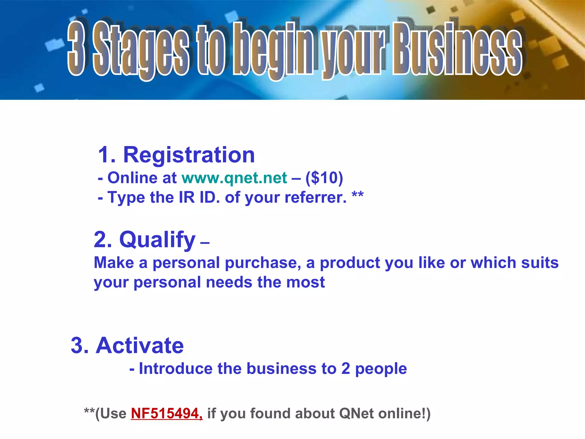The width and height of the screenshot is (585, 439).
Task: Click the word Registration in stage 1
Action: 189,155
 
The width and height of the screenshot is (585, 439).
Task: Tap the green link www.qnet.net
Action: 234,178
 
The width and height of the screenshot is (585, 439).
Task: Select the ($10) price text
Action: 324,178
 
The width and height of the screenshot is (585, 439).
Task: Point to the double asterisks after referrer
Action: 358,195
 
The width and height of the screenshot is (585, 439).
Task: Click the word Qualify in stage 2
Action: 157,240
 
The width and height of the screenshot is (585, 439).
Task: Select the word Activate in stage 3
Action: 140,346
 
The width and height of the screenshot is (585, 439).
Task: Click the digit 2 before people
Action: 345,368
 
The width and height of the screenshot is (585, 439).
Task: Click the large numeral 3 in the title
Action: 76,49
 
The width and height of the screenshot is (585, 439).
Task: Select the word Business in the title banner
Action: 457,49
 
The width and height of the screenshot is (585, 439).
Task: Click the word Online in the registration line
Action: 132,178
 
